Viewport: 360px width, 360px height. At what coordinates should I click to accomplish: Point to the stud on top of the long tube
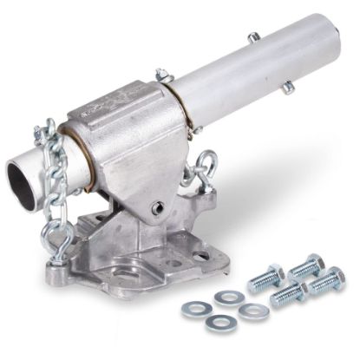253,38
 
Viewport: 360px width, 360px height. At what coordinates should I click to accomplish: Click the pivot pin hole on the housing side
157,207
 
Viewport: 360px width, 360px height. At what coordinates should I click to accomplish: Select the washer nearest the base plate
228,297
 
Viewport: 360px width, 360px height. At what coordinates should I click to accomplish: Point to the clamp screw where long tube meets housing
163,76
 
